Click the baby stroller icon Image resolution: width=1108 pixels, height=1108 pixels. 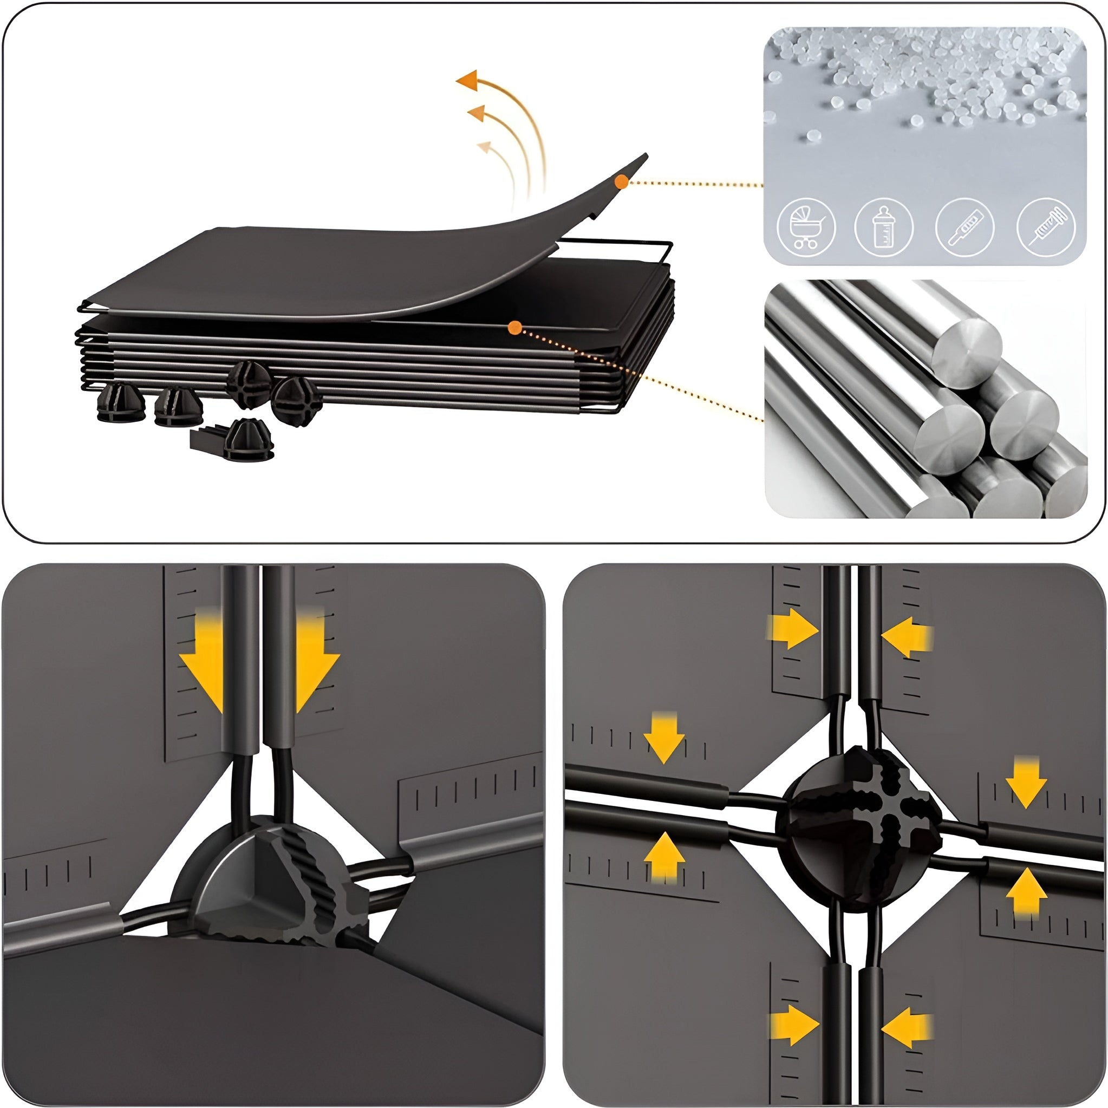click(806, 227)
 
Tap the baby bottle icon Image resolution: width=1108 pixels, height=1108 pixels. click(884, 227)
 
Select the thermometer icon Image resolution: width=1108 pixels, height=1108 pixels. click(964, 227)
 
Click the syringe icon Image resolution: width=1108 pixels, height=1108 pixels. click(1046, 227)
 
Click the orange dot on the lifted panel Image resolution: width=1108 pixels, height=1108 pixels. click(622, 182)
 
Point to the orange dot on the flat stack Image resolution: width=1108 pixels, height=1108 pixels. click(514, 328)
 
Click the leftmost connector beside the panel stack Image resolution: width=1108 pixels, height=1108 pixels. click(118, 402)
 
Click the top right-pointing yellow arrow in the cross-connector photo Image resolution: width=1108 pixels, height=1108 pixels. click(794, 629)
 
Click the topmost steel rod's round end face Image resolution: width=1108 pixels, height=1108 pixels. click(967, 346)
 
